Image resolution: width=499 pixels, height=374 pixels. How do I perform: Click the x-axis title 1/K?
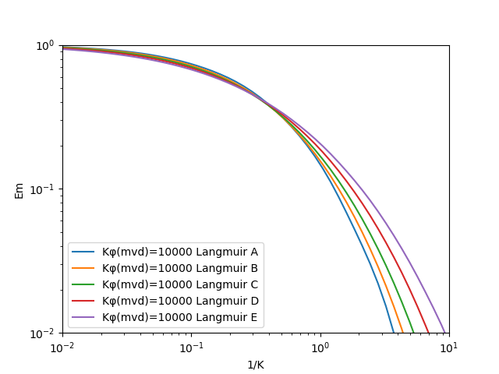pos(255,365)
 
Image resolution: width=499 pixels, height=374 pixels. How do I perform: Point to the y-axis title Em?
pos(19,189)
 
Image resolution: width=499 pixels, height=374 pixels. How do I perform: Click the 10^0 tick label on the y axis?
pos(46,45)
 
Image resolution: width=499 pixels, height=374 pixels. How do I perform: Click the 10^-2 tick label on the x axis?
pos(63,348)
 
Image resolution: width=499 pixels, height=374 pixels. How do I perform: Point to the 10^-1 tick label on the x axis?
pos(192,348)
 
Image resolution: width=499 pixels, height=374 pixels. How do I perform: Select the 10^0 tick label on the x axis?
pos(320,348)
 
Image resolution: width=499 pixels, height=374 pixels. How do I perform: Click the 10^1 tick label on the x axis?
pos(449,348)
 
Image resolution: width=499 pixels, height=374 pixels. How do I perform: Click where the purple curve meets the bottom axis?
pos(445,333)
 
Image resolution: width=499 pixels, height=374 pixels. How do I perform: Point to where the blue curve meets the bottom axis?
pos(394,333)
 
